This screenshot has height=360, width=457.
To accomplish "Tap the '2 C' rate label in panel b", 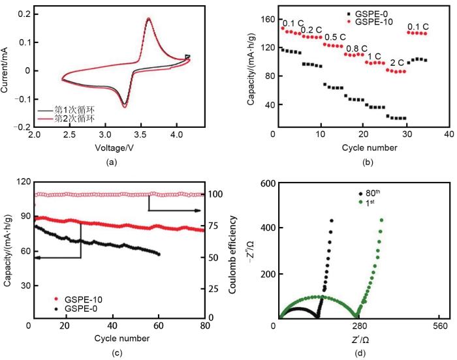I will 396,63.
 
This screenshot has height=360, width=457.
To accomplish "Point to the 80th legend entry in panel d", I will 375,194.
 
